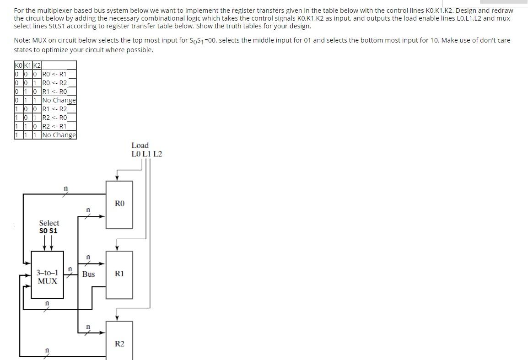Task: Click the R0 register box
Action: pos(119,204)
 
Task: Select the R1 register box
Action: pos(119,274)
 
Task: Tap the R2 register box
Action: pos(119,343)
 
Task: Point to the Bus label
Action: pos(88,274)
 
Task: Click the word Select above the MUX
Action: pos(49,223)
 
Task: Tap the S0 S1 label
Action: pos(48,231)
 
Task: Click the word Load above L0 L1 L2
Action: pos(140,145)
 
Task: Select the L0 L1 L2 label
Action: pos(146,154)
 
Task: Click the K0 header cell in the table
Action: pos(18,65)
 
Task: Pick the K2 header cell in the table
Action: pos(36,65)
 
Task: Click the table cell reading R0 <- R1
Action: pos(54,74)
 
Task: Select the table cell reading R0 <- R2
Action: pos(54,83)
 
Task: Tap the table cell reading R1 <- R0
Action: pos(54,91)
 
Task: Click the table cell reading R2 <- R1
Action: pos(54,126)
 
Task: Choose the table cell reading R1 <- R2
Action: pos(54,109)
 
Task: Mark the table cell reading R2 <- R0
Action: pos(54,118)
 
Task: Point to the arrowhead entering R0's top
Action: pos(118,178)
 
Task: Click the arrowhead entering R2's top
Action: pos(118,317)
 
